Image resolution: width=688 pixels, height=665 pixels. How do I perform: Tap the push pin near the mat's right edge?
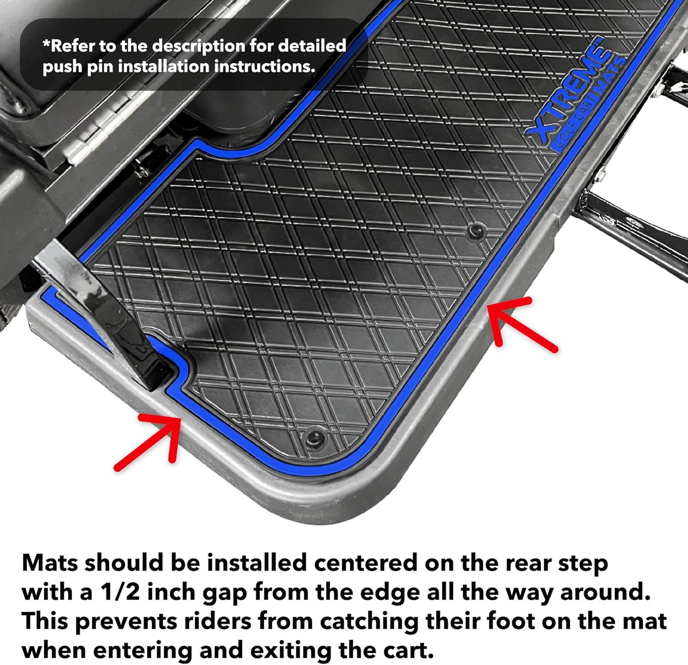(x=475, y=232)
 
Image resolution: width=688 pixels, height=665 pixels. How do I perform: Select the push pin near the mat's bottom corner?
(x=315, y=437)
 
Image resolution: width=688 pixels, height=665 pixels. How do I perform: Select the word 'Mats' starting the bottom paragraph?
(x=50, y=563)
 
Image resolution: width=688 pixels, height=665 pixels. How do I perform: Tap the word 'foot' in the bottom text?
(x=509, y=621)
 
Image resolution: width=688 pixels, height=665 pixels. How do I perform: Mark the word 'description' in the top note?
(x=199, y=46)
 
